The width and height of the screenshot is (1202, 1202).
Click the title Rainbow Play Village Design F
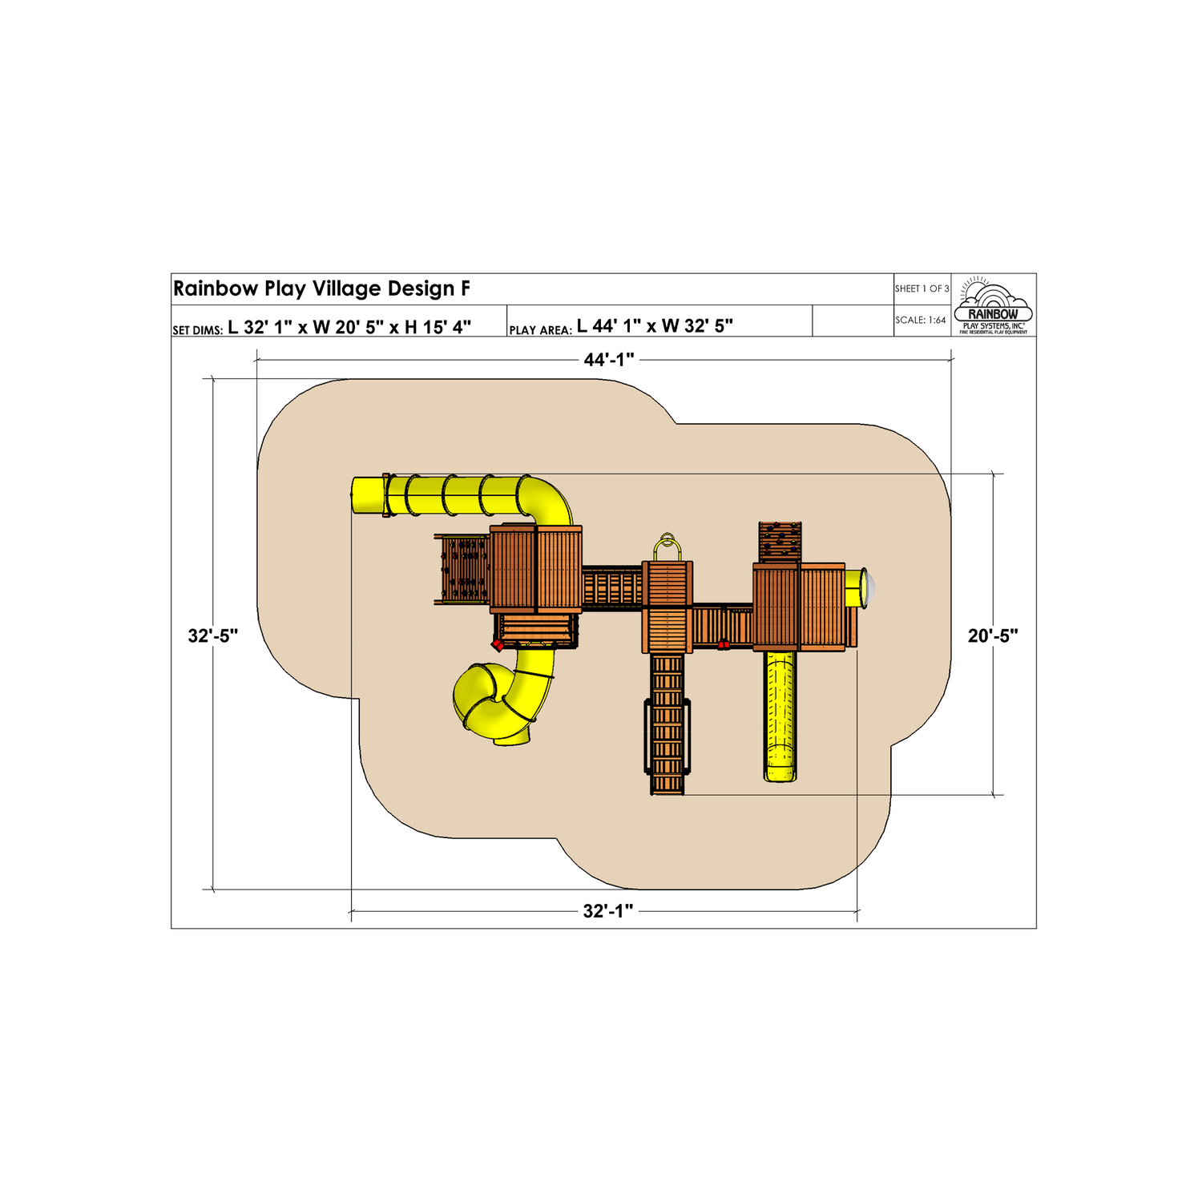pyautogui.click(x=321, y=288)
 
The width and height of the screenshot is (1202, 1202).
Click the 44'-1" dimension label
pyautogui.click(x=609, y=360)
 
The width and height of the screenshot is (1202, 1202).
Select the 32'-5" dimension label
pyautogui.click(x=213, y=635)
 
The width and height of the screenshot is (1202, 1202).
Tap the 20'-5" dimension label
pyautogui.click(x=993, y=635)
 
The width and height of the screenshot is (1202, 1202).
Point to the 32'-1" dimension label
pyautogui.click(x=608, y=911)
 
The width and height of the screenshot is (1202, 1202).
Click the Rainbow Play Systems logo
pyautogui.click(x=994, y=305)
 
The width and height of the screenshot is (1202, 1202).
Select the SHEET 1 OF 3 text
pyautogui.click(x=922, y=288)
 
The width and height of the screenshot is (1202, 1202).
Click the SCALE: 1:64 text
pyautogui.click(x=920, y=320)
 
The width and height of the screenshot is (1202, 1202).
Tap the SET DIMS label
pyautogui.click(x=197, y=330)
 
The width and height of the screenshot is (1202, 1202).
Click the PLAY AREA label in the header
pyautogui.click(x=540, y=330)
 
